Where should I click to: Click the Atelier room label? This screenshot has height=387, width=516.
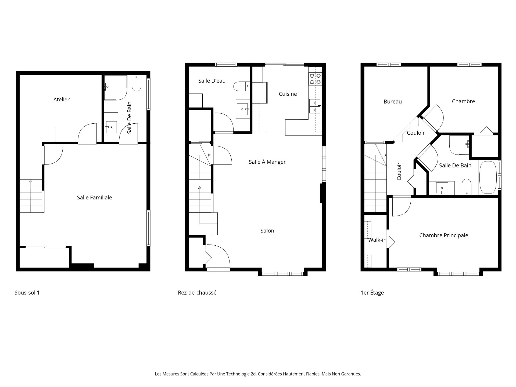point(61,99)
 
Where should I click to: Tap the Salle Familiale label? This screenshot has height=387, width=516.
point(94,198)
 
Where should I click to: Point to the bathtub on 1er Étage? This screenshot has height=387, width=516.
point(488,177)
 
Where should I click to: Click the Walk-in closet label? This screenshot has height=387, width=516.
point(377,240)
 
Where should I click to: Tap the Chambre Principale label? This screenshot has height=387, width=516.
point(443,235)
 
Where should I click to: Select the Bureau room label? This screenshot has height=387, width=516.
point(393,102)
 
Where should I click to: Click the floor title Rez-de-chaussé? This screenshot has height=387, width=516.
point(197,293)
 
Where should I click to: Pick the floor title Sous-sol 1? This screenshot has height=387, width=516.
point(27,293)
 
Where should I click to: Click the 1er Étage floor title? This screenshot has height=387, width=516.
point(372,293)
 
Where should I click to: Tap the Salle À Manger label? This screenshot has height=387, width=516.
point(267,162)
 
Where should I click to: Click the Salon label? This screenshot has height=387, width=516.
point(267,231)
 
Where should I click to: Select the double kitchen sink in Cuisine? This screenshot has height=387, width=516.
point(315,106)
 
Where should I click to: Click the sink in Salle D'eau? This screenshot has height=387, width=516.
point(243,109)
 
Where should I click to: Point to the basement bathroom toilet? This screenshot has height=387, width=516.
point(136,84)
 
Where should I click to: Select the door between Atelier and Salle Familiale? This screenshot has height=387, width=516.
point(87,133)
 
